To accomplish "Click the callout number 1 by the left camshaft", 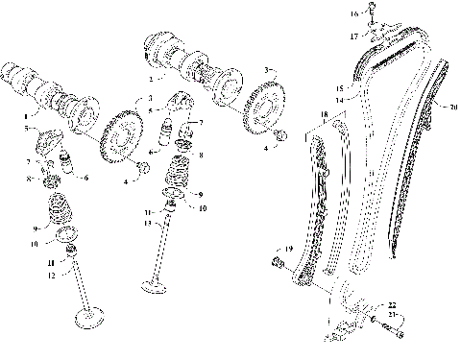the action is (25, 114).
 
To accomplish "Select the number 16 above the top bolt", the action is (353, 13).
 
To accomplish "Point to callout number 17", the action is (353, 35).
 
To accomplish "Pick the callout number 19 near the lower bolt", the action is (287, 249).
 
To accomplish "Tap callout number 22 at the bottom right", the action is (392, 304).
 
